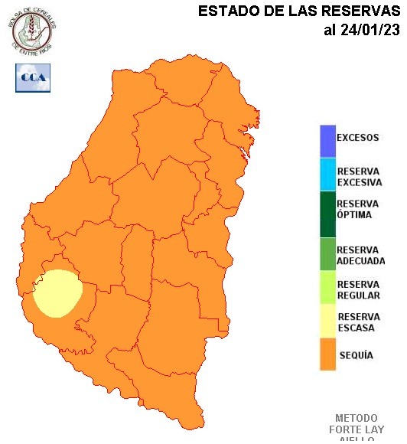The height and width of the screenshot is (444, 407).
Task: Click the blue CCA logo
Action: coord(32,77)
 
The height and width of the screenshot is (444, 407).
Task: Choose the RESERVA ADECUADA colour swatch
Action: coord(327,255)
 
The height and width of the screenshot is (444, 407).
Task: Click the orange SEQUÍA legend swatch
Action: coord(327,355)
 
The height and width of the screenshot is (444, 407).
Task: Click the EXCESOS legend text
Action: coord(358,139)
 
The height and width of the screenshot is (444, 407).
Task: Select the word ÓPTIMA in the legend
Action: coord(354,215)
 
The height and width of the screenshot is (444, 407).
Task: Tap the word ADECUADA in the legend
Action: coord(361,261)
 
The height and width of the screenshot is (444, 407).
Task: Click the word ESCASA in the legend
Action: coord(356,328)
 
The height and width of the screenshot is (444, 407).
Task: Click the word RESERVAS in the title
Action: coord(363,11)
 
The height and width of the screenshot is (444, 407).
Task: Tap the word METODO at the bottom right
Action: coord(357,419)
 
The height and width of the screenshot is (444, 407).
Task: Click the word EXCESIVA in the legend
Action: coord(360,183)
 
